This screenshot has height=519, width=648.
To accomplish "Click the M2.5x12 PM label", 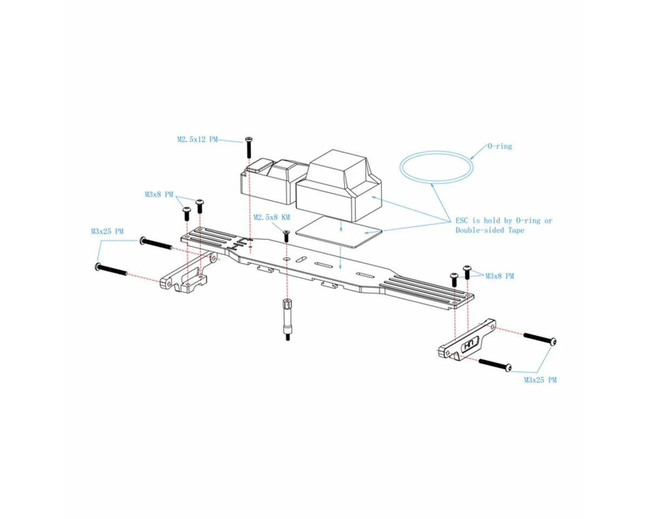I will click(197, 139).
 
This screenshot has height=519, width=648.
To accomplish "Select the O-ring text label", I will click(500, 146).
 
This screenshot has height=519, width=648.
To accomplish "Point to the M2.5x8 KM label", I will click(272, 217).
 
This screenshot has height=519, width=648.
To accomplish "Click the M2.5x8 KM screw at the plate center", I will click(286, 236).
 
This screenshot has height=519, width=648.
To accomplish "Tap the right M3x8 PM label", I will click(500, 276).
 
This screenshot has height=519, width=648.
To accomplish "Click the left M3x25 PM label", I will click(107, 231).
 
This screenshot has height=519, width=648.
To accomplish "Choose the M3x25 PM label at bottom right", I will click(540, 380).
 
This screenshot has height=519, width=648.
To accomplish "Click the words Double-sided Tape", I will click(489, 230).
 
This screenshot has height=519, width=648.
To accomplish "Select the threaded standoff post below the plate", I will click(286, 320).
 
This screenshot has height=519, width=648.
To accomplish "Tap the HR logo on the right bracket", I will click(469, 344).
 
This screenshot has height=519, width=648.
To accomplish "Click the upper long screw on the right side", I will click(539, 338).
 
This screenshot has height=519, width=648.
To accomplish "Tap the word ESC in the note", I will click(463, 221).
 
